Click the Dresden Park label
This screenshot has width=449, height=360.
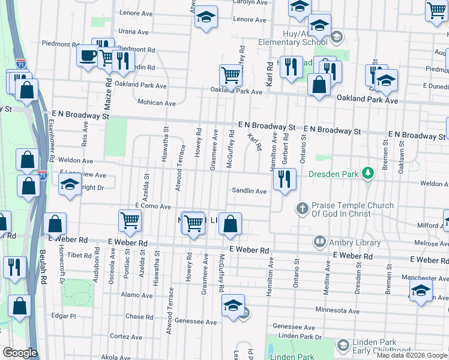(333, 175)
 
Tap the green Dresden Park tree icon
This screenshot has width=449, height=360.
(368, 175)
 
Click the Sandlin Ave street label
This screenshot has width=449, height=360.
(250, 191)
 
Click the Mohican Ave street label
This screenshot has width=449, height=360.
(157, 103)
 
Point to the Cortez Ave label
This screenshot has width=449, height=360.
(125, 337)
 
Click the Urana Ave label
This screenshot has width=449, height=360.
(133, 32)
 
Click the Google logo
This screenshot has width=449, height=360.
(20, 352)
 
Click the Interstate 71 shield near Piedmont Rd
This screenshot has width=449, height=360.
(21, 63)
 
